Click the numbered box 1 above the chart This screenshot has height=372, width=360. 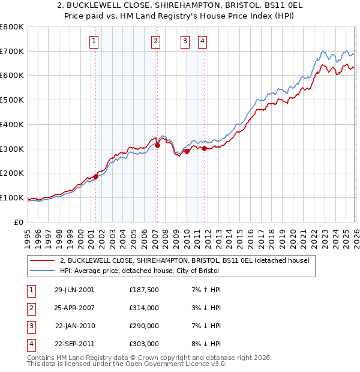[x=95, y=41]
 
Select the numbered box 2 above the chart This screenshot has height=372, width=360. [x=155, y=41]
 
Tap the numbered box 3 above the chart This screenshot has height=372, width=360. [x=185, y=41]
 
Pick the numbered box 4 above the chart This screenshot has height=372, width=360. [x=203, y=41]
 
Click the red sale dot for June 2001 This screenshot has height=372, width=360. [x=95, y=176]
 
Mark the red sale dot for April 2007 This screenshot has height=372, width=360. [x=157, y=145]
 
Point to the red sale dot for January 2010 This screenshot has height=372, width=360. [x=187, y=151]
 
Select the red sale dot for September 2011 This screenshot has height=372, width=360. [x=204, y=148]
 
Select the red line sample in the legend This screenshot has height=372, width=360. [x=43, y=260]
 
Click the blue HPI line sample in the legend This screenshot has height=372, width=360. [x=43, y=271]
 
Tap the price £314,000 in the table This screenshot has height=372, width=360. [x=143, y=307]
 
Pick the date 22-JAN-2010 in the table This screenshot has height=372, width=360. [x=74, y=326]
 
